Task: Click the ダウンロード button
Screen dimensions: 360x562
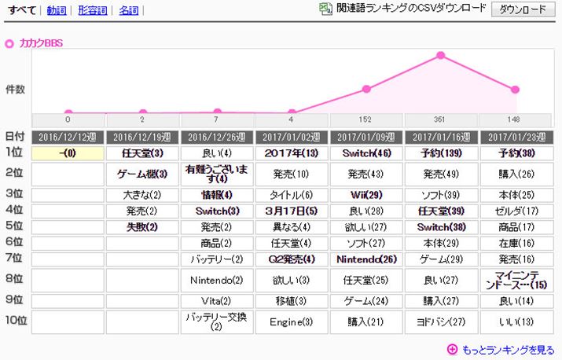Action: coord(521,9)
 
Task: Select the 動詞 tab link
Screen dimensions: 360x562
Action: coord(56,10)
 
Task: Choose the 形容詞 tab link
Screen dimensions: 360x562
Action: coord(92,10)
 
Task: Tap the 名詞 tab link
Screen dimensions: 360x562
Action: coord(129,10)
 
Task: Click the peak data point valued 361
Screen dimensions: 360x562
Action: coord(440,56)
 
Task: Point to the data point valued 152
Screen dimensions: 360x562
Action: coord(366,89)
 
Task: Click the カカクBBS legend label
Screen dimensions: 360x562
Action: coord(41,42)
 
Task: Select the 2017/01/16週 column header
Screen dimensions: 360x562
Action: coord(440,136)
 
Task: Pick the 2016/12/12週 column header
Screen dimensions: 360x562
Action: coord(68,136)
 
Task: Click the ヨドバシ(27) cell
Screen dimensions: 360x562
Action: coord(440,321)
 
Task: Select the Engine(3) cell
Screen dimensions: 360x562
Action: coord(292,321)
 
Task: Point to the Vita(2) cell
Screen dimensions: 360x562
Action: coord(217,299)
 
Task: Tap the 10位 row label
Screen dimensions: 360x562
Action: coord(16,320)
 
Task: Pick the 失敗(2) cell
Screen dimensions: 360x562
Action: coord(142,226)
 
